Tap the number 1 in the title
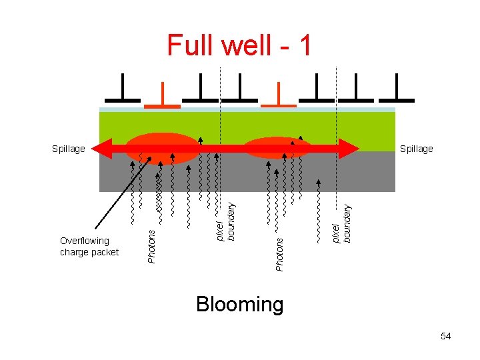(305, 45)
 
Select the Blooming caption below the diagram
(240, 305)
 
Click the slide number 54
(445, 336)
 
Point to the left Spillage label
(69, 149)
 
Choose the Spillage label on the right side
(416, 149)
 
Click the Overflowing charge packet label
(89, 246)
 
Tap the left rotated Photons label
(151, 246)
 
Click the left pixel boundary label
(226, 223)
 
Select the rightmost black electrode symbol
(397, 90)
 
